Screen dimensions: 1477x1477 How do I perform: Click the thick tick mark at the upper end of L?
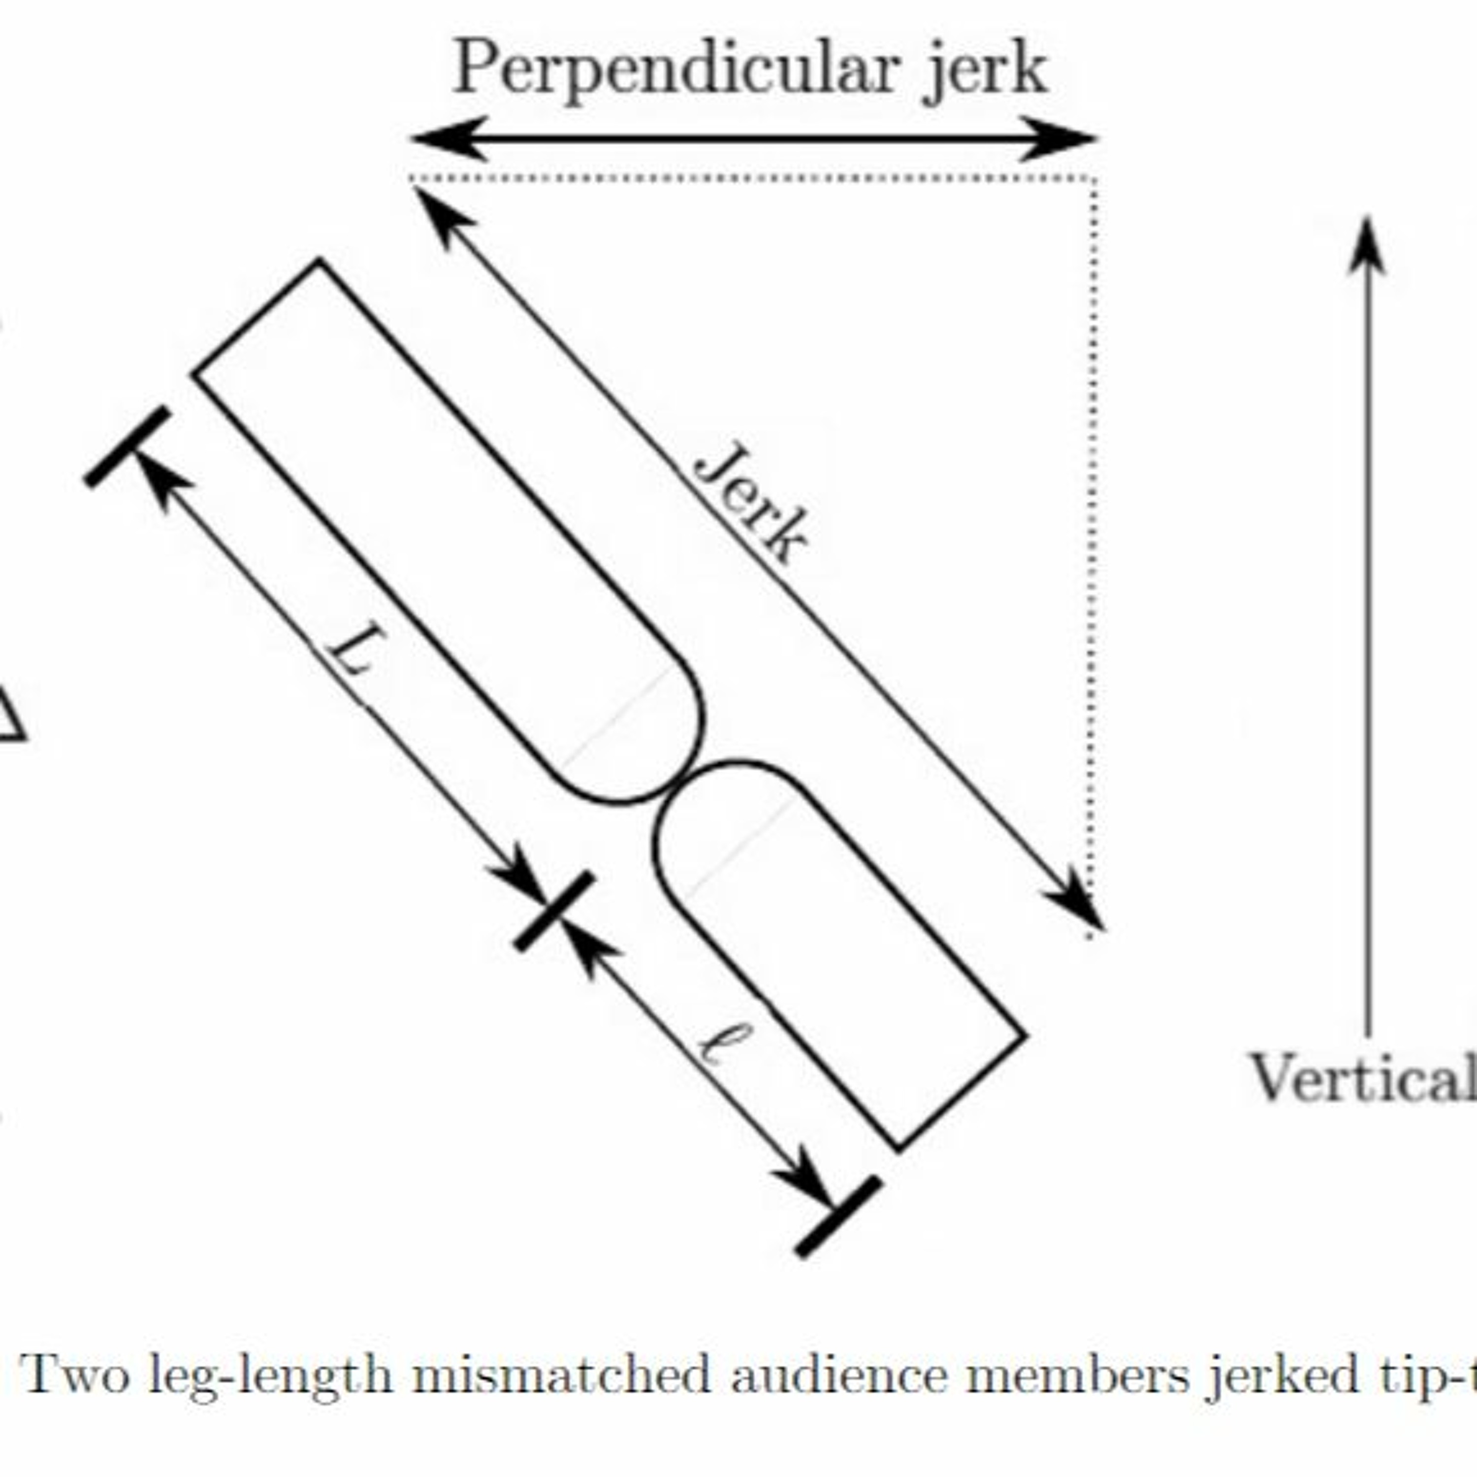click(128, 447)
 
